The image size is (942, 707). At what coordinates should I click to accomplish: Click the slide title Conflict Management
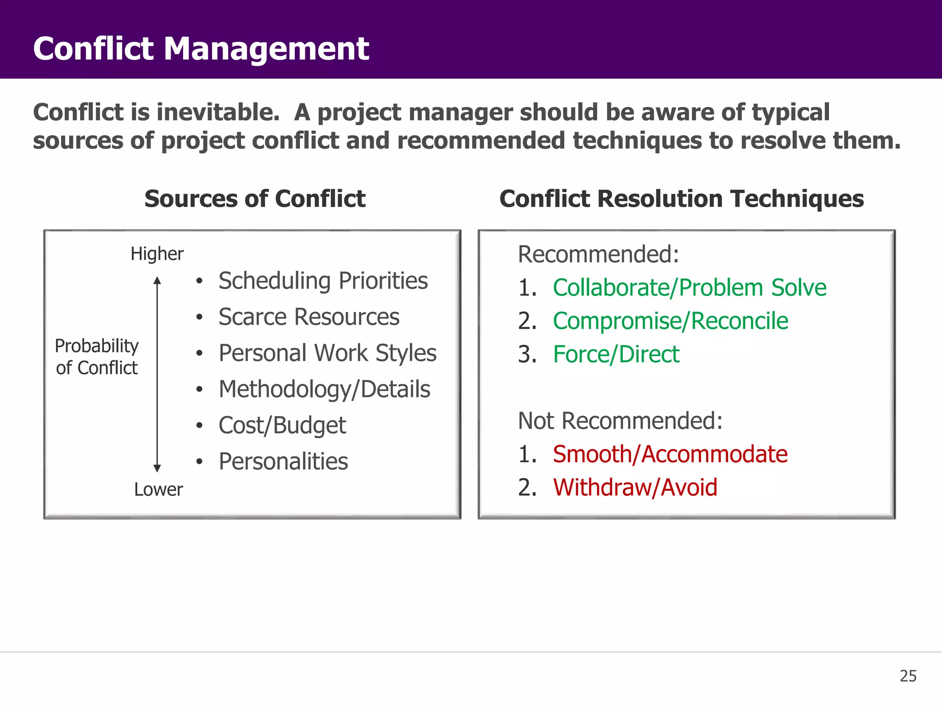click(201, 49)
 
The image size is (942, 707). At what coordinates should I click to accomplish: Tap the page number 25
click(908, 676)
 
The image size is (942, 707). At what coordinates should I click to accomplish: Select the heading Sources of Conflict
click(255, 199)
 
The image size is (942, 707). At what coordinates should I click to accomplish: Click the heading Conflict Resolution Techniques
click(681, 199)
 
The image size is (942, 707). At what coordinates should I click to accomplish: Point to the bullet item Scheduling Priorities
click(323, 281)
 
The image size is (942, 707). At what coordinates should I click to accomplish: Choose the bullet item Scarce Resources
click(309, 317)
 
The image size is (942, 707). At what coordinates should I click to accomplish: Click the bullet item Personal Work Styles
click(327, 353)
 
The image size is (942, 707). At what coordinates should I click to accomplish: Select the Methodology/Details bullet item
click(324, 389)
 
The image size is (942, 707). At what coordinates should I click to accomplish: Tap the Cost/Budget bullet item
click(282, 425)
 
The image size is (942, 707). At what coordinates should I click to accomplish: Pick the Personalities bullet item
click(283, 461)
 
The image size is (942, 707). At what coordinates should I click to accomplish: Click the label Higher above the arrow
click(157, 254)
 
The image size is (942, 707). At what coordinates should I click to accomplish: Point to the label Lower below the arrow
click(158, 489)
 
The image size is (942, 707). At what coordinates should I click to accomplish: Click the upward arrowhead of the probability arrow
click(157, 280)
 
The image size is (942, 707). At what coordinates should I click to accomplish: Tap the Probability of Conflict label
click(97, 357)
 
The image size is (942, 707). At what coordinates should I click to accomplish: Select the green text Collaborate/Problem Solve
click(689, 288)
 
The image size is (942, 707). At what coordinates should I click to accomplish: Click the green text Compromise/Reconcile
click(670, 321)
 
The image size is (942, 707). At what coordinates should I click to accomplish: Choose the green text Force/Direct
click(616, 354)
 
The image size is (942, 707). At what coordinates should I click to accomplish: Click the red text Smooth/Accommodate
click(670, 454)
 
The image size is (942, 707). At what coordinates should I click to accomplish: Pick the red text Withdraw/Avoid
click(635, 487)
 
